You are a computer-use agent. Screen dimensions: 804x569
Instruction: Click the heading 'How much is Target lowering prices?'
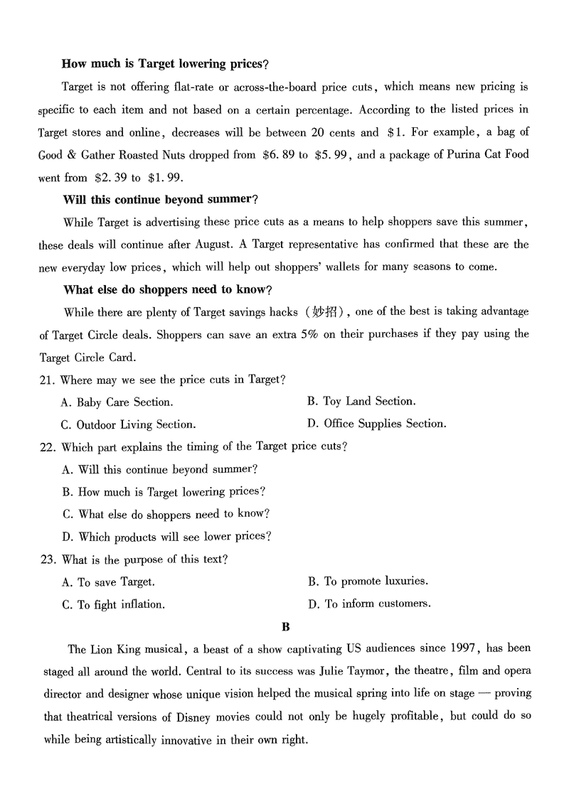pyautogui.click(x=165, y=64)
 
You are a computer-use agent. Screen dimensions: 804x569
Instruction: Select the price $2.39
pyautogui.click(x=109, y=177)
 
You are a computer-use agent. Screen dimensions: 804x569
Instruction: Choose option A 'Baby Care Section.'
pyautogui.click(x=117, y=402)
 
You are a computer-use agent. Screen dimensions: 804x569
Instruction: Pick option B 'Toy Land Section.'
pyautogui.click(x=361, y=402)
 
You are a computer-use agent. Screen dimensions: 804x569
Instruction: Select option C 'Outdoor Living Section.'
pyautogui.click(x=127, y=424)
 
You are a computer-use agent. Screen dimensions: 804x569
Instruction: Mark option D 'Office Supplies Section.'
pyautogui.click(x=376, y=424)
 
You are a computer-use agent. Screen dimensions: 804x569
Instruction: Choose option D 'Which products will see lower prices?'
pyautogui.click(x=166, y=536)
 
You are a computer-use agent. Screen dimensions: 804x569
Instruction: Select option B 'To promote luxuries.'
pyautogui.click(x=368, y=581)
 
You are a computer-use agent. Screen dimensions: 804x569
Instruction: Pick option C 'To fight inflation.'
pyautogui.click(x=113, y=604)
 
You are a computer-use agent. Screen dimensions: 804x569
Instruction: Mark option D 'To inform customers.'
pyautogui.click(x=369, y=604)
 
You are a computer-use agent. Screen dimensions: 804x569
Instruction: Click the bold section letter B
pyautogui.click(x=286, y=627)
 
